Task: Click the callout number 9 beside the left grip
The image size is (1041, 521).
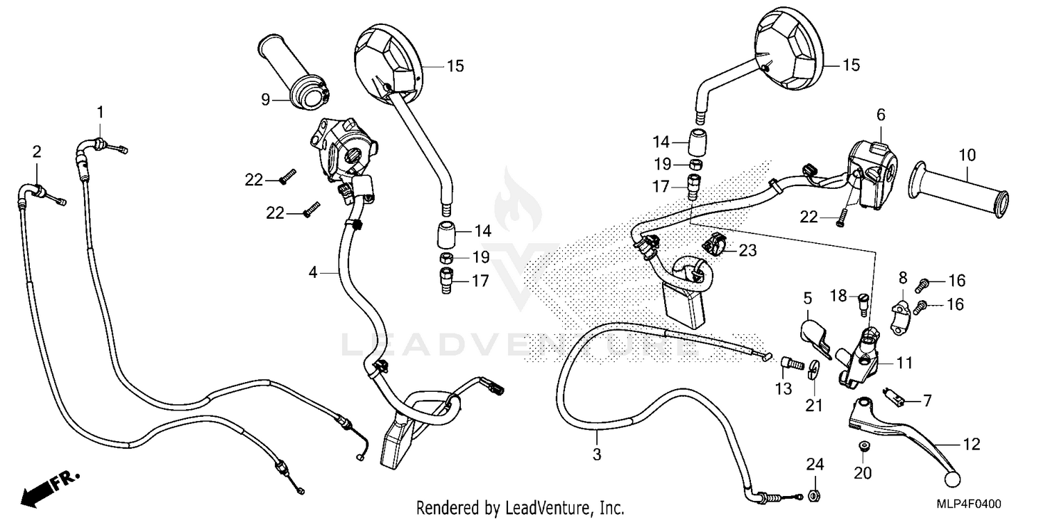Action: point(265,99)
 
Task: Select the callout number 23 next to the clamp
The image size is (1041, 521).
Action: point(747,250)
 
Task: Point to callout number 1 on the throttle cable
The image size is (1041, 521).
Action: point(101,112)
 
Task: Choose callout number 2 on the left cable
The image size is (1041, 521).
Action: point(37,151)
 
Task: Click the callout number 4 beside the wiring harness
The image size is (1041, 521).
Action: point(313,274)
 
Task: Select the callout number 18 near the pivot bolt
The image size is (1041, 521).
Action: point(839,297)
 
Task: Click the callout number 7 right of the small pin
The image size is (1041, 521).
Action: point(927,401)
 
